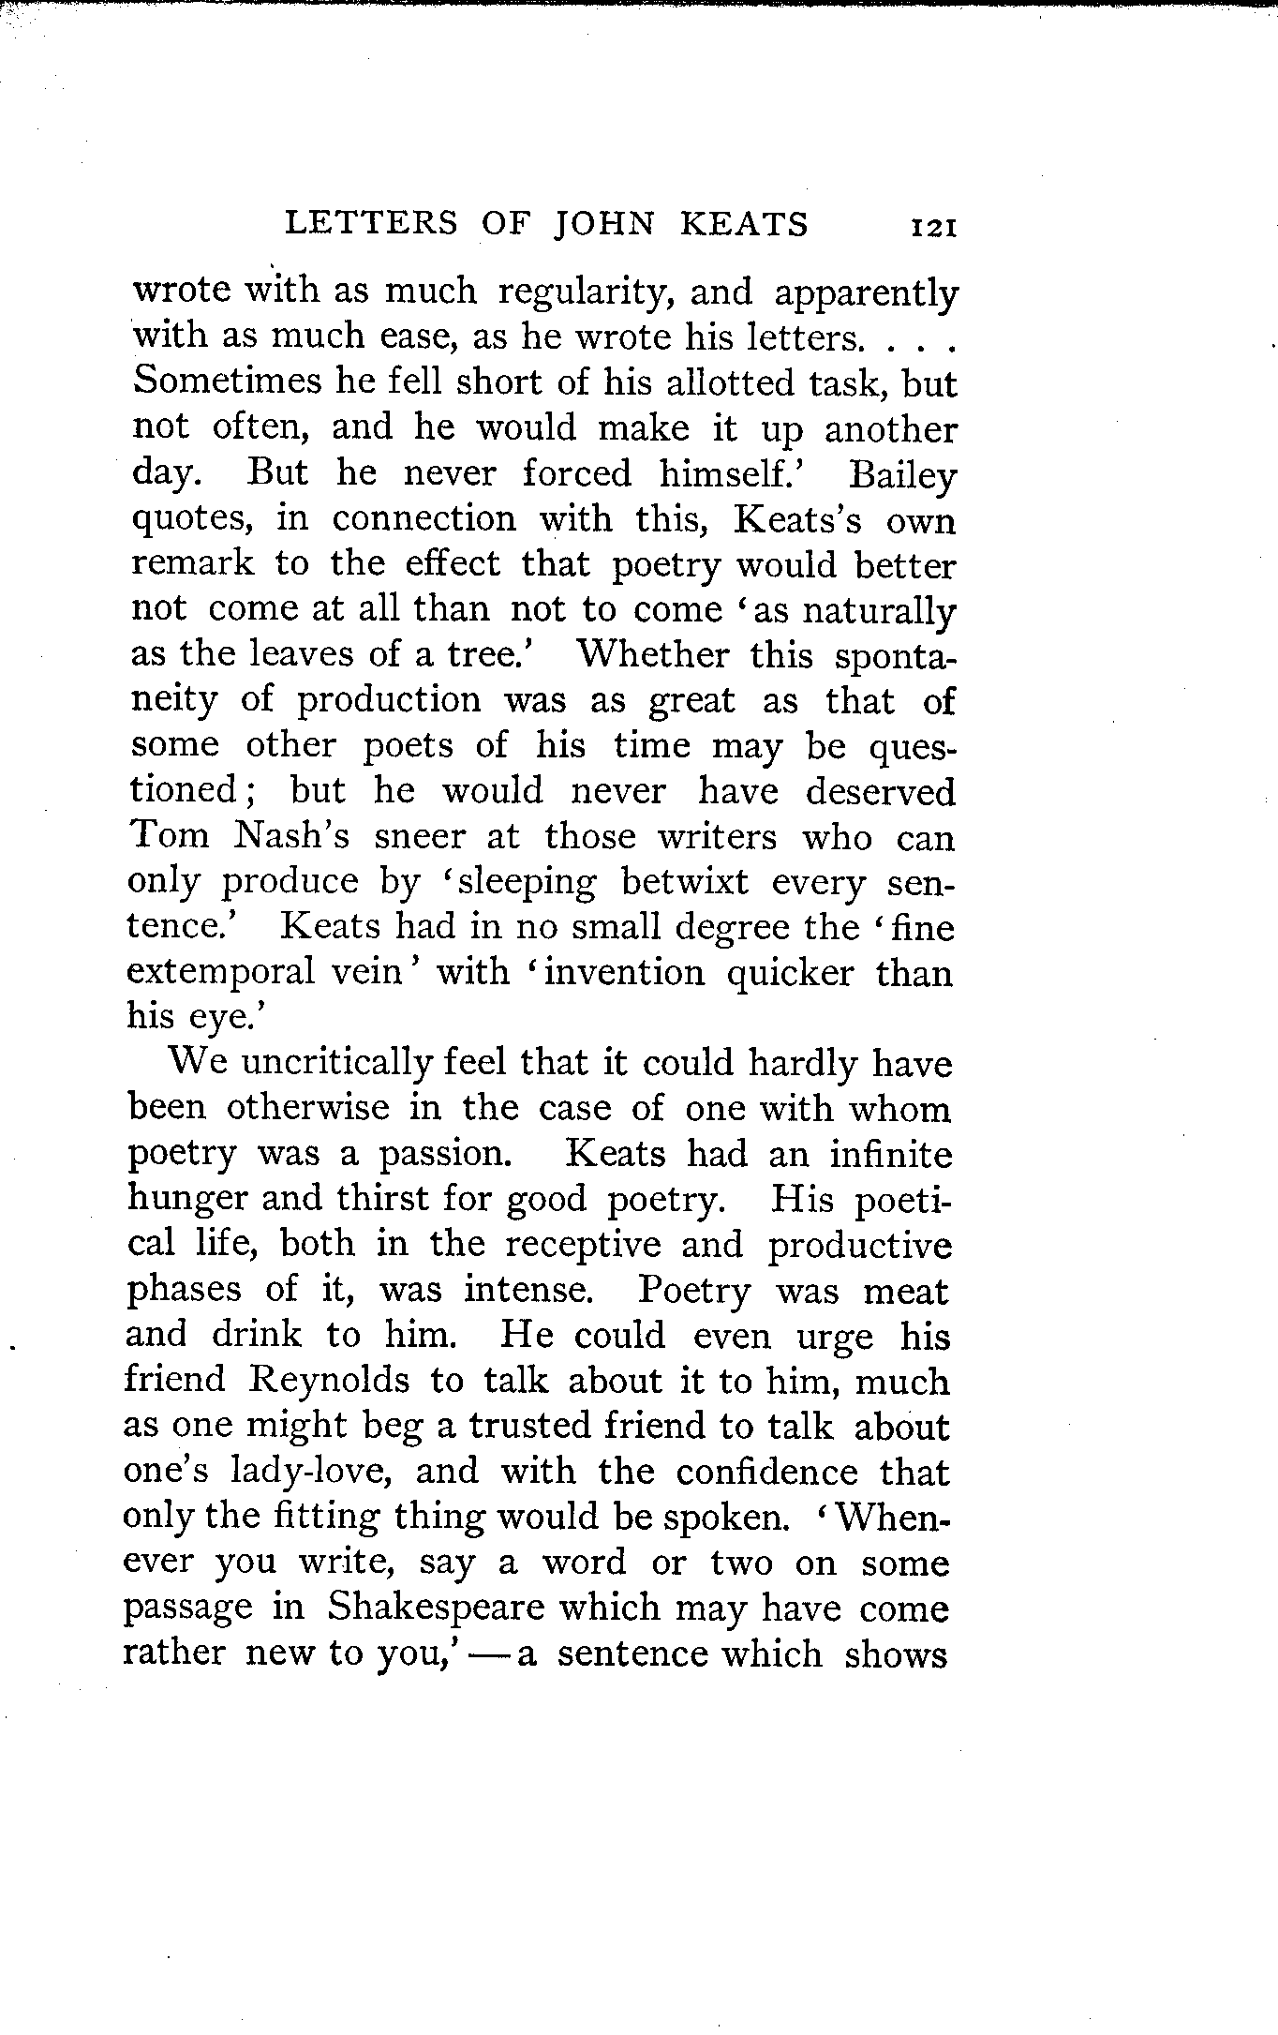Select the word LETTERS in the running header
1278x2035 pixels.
[x=371, y=223]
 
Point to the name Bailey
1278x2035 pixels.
[x=901, y=475]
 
